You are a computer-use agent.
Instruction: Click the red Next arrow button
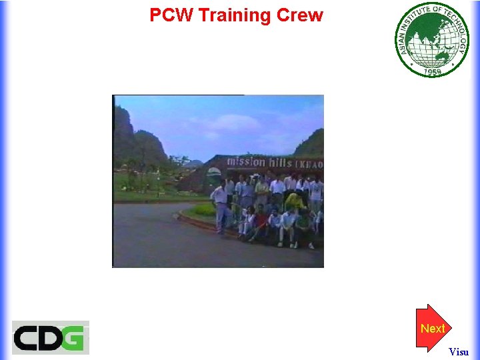tap(433, 328)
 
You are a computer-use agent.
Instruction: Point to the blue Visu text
tap(459, 351)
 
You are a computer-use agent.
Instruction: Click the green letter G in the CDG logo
tap(75, 338)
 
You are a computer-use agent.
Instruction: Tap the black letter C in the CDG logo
tap(27, 338)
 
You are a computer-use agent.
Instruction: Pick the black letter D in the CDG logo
tap(51, 338)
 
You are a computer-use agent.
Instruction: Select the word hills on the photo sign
tap(286, 162)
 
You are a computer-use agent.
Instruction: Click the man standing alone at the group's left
tap(219, 206)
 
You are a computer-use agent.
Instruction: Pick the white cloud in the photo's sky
tap(230, 123)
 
